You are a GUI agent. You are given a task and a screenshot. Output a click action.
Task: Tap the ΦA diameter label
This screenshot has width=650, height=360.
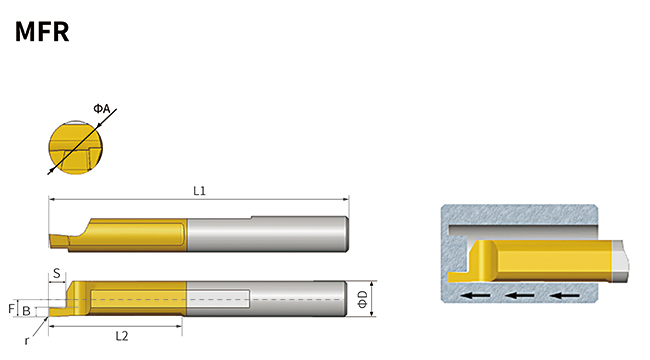[101, 108]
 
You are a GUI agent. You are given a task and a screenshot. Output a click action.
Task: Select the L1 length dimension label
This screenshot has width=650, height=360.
[199, 190]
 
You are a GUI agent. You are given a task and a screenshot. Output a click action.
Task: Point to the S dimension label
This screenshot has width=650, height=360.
[59, 272]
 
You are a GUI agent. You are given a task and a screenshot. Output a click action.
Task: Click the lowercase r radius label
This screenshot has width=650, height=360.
[27, 340]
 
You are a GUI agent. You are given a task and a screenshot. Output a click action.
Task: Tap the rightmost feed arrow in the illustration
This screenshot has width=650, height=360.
[565, 296]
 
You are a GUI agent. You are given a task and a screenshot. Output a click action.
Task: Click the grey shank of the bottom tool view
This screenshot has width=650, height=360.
[300, 298]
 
